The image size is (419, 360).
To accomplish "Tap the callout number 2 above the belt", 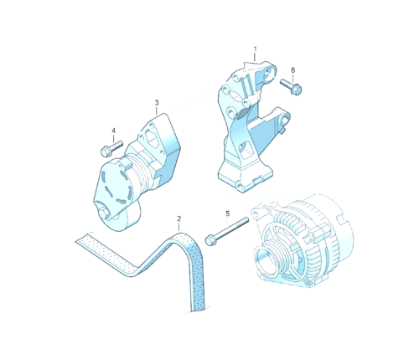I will [x=178, y=219].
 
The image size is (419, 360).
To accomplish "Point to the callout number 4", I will [x=113, y=131].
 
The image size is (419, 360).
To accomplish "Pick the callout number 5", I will [x=227, y=213].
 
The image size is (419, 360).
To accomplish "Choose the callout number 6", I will [x=292, y=69].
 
